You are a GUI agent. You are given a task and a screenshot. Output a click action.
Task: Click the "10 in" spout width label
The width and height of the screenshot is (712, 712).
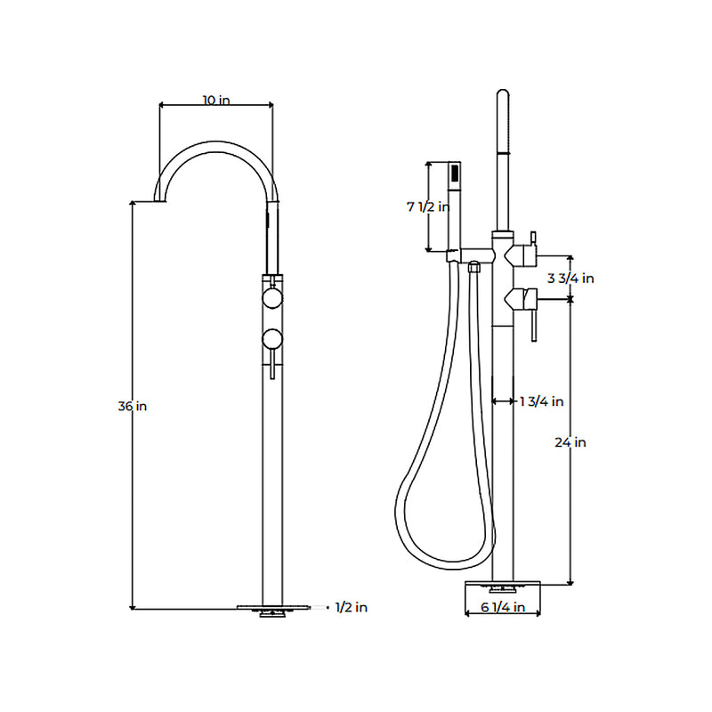pos(215,101)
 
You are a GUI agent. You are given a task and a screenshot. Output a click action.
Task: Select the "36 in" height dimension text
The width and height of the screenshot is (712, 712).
pos(132,406)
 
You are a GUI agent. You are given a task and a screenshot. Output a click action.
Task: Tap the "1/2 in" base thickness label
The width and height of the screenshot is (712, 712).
pos(351,608)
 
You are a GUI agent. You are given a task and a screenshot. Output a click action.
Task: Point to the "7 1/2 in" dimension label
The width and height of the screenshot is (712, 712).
pos(428,206)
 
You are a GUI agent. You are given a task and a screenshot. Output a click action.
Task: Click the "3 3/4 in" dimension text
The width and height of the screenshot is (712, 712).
pos(570,278)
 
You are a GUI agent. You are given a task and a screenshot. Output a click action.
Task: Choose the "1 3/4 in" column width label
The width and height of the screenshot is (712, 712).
pos(541,401)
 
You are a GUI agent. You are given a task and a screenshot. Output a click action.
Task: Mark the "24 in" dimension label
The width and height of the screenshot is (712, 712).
pos(569,442)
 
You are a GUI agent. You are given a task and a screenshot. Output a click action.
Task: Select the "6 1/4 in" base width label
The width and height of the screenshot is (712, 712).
pos(503,608)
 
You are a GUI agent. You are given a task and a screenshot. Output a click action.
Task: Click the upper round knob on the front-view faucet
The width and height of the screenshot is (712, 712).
pos(272,297)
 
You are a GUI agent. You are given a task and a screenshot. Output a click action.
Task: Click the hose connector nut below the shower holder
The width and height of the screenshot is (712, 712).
pos(474,266)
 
